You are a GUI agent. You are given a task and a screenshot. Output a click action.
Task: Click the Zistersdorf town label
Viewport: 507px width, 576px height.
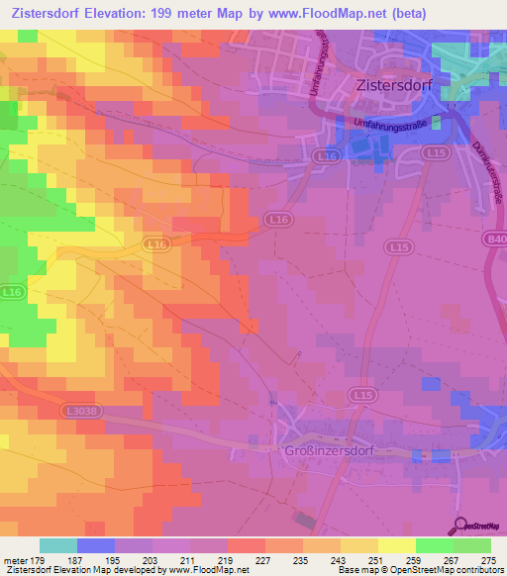395,86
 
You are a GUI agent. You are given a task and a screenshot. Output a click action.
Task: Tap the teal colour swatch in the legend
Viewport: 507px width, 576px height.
58,545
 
